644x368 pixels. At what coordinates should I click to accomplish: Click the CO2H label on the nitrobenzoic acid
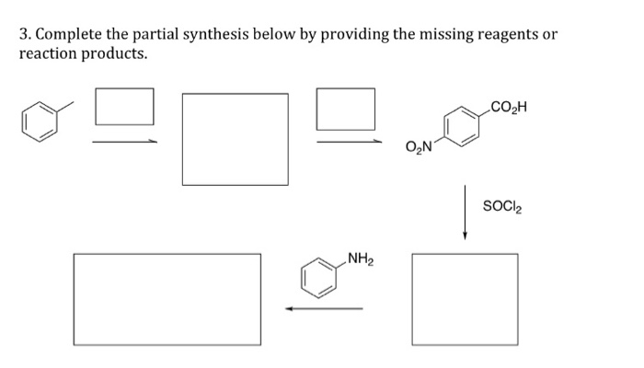click(x=509, y=109)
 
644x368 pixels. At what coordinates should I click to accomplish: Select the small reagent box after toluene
click(x=124, y=107)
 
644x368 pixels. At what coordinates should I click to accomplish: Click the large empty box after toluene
click(x=236, y=139)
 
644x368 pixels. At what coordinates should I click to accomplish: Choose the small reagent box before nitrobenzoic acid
click(x=346, y=109)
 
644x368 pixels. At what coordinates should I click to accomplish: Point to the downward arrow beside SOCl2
click(x=466, y=212)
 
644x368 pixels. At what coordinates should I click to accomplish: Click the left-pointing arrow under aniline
click(x=324, y=308)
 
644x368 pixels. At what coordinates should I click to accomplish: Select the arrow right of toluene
click(x=124, y=142)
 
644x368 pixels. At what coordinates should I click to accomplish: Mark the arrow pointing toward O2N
click(x=350, y=142)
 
